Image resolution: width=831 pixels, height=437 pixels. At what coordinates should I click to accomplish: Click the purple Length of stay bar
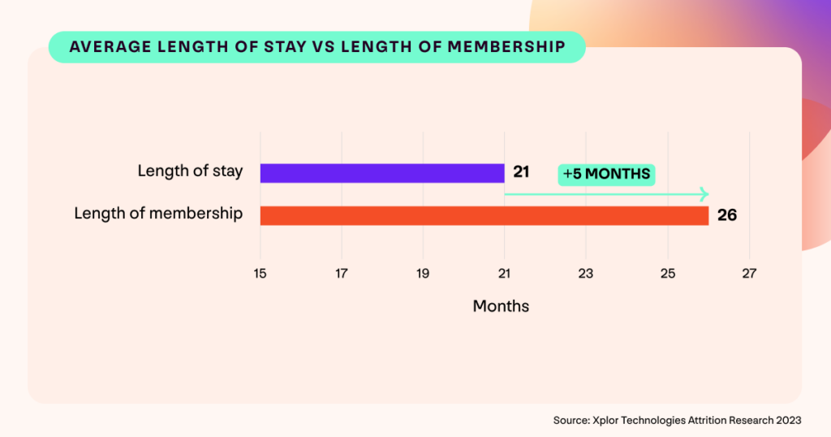pyautogui.click(x=381, y=173)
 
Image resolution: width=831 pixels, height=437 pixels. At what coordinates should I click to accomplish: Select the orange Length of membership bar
pyautogui.click(x=484, y=215)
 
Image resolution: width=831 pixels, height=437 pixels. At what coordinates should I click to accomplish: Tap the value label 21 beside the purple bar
pyautogui.click(x=521, y=173)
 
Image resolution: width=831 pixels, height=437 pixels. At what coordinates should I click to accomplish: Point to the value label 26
pyautogui.click(x=726, y=215)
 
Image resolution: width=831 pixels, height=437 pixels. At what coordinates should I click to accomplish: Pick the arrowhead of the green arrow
pyautogui.click(x=704, y=194)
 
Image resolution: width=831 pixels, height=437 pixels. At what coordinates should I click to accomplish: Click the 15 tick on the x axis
pyautogui.click(x=260, y=274)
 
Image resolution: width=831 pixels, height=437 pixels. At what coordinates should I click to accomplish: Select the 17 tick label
pyautogui.click(x=342, y=274)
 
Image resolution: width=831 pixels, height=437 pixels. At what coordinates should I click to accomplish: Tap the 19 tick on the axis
pyautogui.click(x=423, y=274)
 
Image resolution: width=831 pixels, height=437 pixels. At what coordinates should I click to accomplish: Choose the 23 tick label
pyautogui.click(x=586, y=274)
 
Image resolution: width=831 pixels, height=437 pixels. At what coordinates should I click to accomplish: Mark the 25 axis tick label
pyautogui.click(x=667, y=274)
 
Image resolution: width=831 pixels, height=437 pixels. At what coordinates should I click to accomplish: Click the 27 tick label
pyautogui.click(x=749, y=274)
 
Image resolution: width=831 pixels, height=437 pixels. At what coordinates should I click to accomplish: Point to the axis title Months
pyautogui.click(x=501, y=306)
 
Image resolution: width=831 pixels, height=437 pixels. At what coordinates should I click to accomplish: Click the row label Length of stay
pyautogui.click(x=190, y=171)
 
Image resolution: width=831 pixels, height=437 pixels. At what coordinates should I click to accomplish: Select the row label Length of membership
pyautogui.click(x=158, y=214)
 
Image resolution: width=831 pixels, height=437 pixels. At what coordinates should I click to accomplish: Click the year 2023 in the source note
pyautogui.click(x=787, y=420)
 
